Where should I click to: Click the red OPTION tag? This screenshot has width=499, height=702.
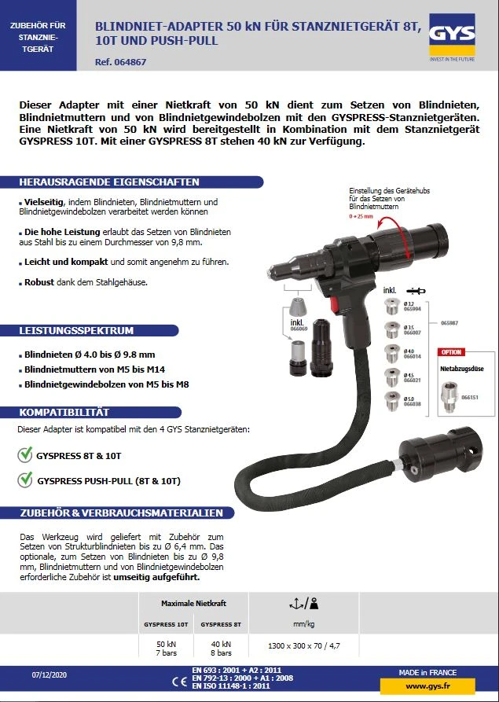pyautogui.click(x=451, y=352)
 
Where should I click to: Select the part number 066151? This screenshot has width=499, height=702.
pyautogui.click(x=470, y=398)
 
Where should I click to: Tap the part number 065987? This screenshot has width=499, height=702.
pyautogui.click(x=449, y=322)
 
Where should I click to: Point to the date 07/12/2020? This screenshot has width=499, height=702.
pyautogui.click(x=48, y=675)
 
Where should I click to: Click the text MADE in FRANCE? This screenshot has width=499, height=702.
pyautogui.click(x=427, y=672)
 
